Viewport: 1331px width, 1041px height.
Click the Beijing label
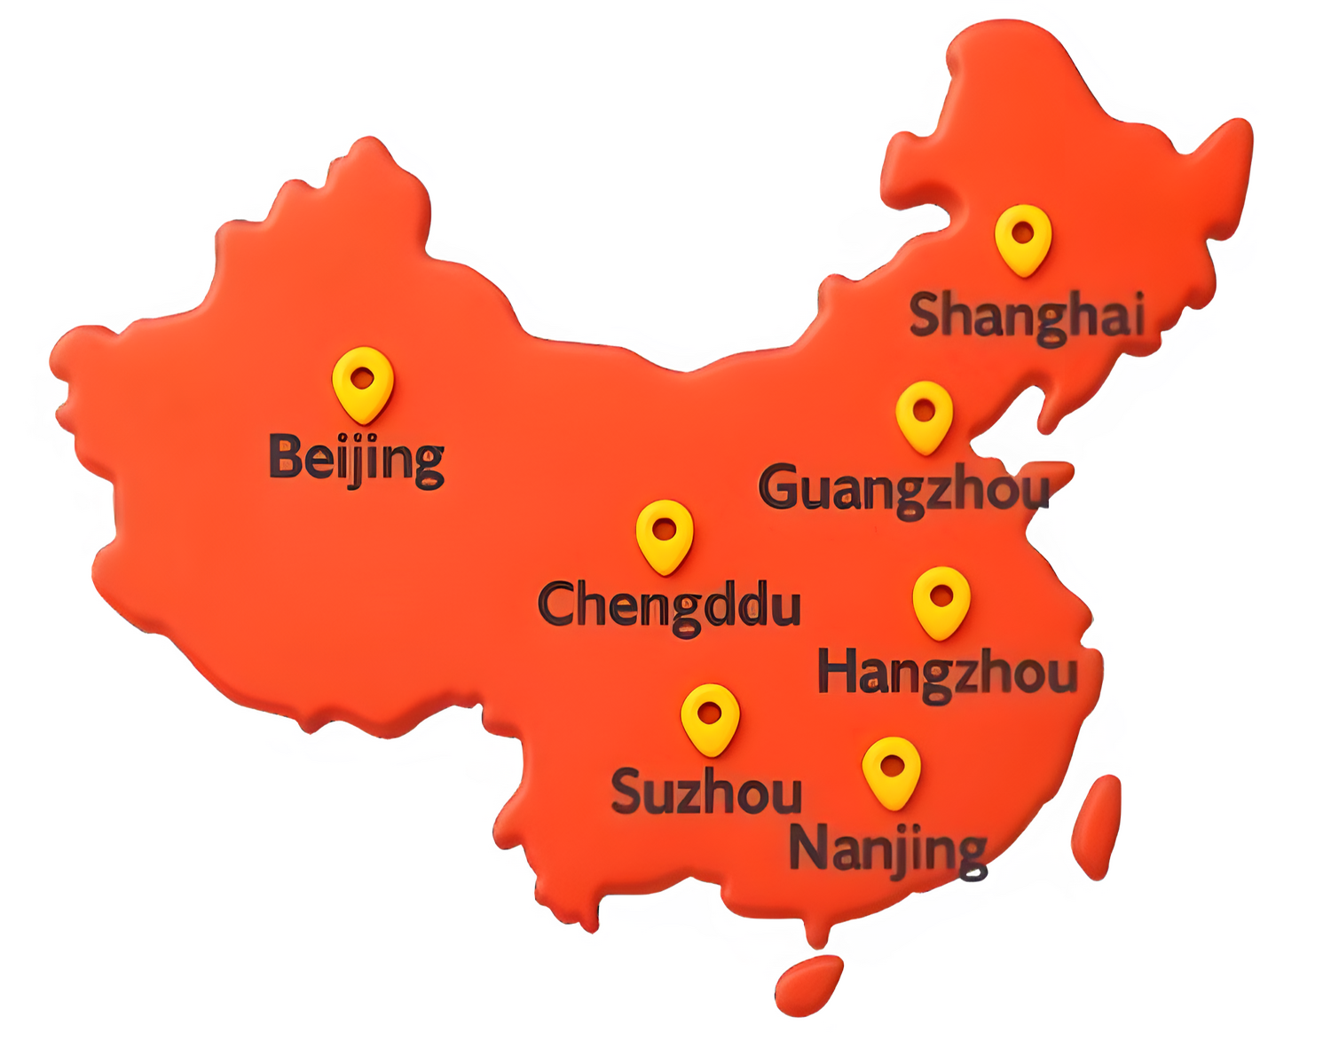coord(356,459)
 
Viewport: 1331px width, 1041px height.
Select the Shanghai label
coord(1027,316)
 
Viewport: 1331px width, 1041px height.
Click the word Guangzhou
coord(903,489)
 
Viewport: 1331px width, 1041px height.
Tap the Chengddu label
coord(670,606)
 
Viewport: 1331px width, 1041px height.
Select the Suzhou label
coord(706,792)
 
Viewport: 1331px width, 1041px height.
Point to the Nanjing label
coord(887,849)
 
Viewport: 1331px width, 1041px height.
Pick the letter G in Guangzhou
coord(780,487)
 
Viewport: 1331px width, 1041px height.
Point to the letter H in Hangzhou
coord(839,671)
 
